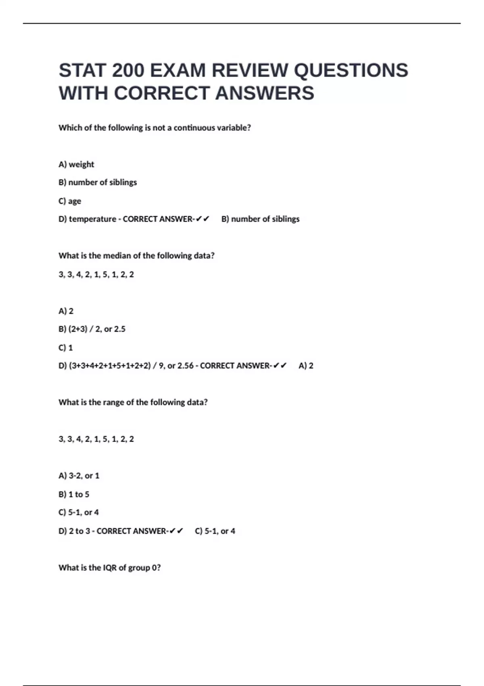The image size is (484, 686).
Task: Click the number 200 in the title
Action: click(x=128, y=71)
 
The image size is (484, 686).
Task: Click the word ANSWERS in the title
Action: click(x=265, y=93)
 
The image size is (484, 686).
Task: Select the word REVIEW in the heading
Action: click(x=250, y=71)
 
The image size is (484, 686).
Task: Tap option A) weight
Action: click(x=76, y=164)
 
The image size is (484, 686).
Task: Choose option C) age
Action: click(x=70, y=201)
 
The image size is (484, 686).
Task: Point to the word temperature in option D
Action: click(x=92, y=219)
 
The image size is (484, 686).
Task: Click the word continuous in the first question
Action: click(x=194, y=128)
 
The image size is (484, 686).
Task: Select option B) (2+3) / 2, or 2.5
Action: click(x=92, y=329)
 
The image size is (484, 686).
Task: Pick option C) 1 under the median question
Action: click(x=66, y=347)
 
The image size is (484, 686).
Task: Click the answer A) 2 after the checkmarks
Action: click(x=306, y=366)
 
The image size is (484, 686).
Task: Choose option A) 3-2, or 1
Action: click(x=79, y=476)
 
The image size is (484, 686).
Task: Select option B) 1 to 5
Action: click(x=74, y=494)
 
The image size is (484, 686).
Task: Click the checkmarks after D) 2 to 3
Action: click(x=177, y=531)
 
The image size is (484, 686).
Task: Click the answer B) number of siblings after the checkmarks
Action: click(x=260, y=219)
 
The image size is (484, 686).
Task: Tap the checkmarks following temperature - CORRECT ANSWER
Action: click(x=202, y=219)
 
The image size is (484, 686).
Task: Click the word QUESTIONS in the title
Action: click(x=351, y=71)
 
